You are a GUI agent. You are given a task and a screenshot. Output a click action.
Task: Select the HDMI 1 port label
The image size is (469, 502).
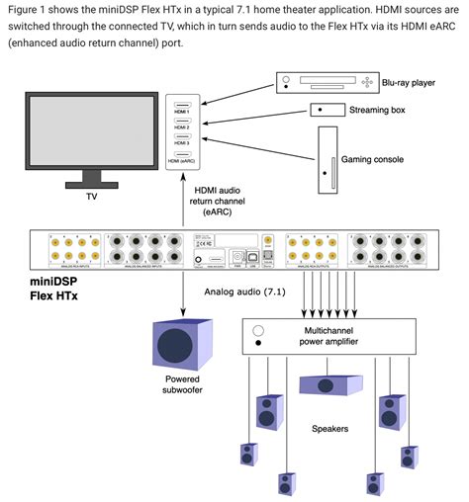coord(181,112)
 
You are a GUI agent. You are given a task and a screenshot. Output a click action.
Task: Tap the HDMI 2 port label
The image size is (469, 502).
coord(181,127)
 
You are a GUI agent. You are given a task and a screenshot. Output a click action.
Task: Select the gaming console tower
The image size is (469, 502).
coord(328,162)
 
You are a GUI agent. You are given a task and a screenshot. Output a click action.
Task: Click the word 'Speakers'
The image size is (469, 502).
coord(328,429)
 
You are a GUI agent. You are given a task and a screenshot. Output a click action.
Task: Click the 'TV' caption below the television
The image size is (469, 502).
coord(91,197)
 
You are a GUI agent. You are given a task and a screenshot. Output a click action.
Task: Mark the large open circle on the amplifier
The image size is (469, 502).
coord(258,330)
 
